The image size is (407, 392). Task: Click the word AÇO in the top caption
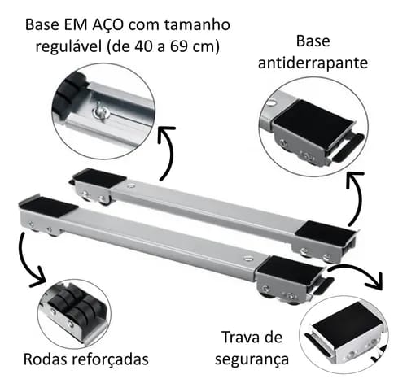[x=108, y=24]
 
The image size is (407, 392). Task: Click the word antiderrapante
[x=313, y=63]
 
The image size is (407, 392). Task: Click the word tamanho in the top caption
[x=197, y=24]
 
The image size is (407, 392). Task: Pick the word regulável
[x=69, y=47]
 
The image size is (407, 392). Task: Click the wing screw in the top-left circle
[x=100, y=110]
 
